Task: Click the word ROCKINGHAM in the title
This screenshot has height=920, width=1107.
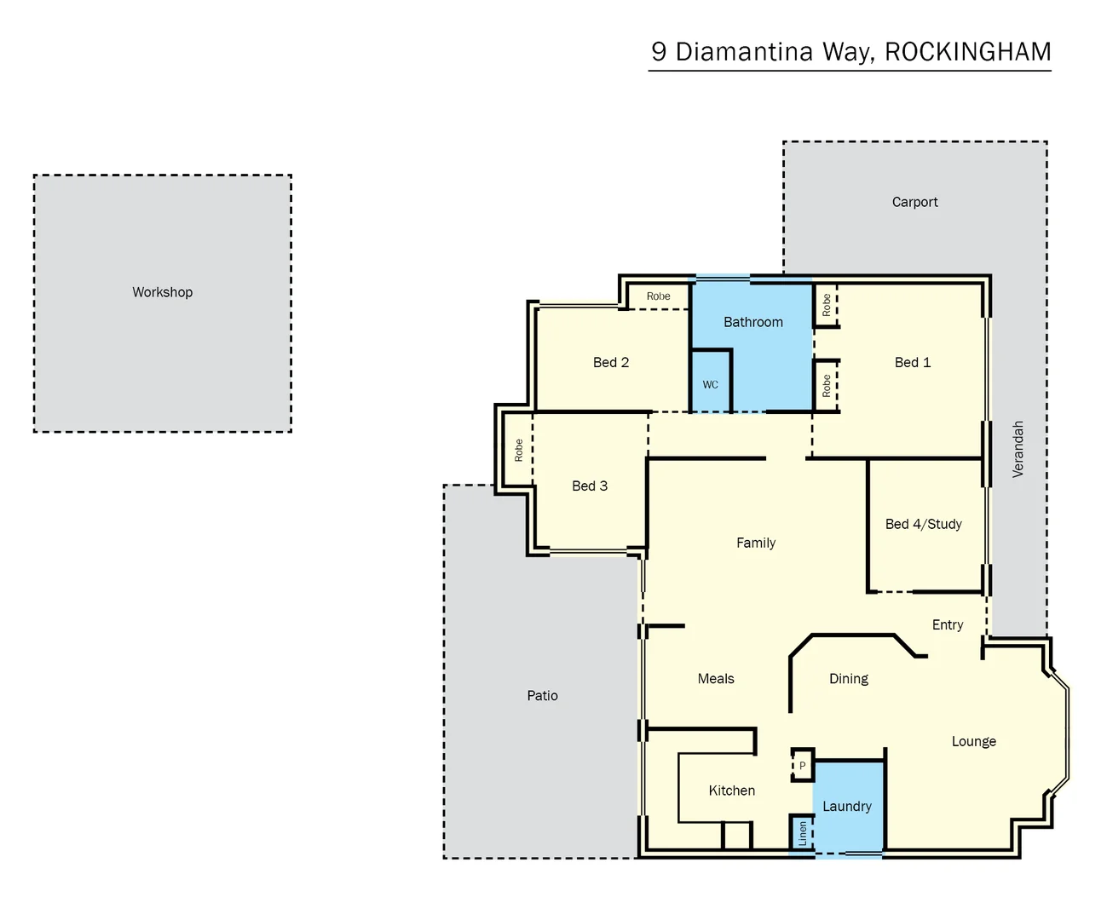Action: (967, 52)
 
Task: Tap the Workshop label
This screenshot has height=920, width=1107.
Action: (162, 292)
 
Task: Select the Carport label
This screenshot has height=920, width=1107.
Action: (914, 202)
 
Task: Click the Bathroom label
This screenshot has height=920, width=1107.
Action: (752, 322)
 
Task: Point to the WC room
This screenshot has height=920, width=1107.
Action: (711, 383)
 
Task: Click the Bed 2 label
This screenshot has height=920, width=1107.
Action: (610, 362)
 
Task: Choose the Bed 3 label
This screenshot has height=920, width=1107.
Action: (589, 486)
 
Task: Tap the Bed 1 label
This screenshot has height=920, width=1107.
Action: (912, 362)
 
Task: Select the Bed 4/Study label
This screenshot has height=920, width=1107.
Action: (923, 524)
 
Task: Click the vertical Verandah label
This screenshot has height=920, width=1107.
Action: (1018, 449)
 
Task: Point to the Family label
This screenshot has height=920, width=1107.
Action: (755, 543)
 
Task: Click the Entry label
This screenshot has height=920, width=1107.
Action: (947, 624)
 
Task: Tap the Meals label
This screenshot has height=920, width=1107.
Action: (715, 679)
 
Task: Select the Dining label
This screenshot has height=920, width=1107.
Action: (848, 679)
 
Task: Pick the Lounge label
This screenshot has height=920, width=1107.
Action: (973, 741)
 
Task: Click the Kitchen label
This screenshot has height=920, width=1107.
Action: (731, 791)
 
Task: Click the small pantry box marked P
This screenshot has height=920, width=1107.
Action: (802, 765)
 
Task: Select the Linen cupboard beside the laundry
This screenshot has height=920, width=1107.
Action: (802, 833)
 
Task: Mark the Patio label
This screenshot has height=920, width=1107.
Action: (542, 696)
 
